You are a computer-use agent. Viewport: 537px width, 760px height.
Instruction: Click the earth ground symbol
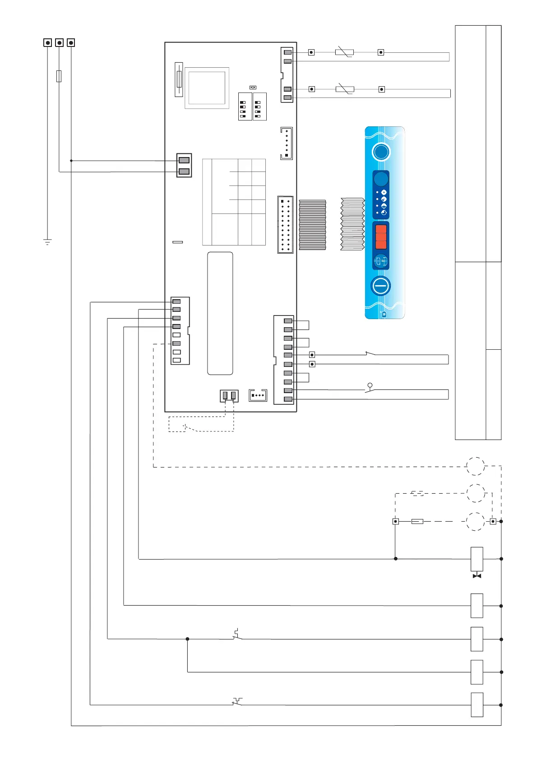tap(47, 241)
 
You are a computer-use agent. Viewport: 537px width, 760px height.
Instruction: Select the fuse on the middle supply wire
tap(59, 76)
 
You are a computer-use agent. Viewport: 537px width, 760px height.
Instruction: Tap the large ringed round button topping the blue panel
tap(381, 152)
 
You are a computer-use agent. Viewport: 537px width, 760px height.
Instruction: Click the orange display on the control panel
tap(381, 236)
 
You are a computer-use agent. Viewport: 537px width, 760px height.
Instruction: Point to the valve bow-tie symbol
tap(477, 576)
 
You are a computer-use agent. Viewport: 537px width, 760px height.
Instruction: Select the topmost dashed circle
tap(475, 466)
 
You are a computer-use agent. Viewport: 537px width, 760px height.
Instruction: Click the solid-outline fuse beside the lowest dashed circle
tap(417, 521)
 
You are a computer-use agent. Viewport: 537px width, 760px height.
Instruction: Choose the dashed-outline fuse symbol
tap(417, 493)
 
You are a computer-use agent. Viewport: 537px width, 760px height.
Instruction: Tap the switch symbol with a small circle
tap(370, 388)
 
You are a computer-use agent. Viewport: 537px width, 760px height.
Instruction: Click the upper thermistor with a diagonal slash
tap(344, 52)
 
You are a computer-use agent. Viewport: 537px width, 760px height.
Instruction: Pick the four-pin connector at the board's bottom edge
tap(258, 395)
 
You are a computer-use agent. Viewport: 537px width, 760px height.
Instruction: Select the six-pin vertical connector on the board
tap(287, 143)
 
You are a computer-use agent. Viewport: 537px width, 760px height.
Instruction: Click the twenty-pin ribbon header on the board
tap(285, 224)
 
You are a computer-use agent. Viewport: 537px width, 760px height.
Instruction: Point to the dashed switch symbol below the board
tap(190, 427)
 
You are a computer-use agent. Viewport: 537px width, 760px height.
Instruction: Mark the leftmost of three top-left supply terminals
tap(48, 42)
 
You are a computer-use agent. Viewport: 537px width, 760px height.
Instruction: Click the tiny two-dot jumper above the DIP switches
tap(253, 87)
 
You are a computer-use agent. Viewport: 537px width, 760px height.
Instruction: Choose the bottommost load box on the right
tap(477, 704)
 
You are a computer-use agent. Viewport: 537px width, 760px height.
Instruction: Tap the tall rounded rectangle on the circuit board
tap(220, 313)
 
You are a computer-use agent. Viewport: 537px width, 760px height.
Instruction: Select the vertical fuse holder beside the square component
tap(179, 79)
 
